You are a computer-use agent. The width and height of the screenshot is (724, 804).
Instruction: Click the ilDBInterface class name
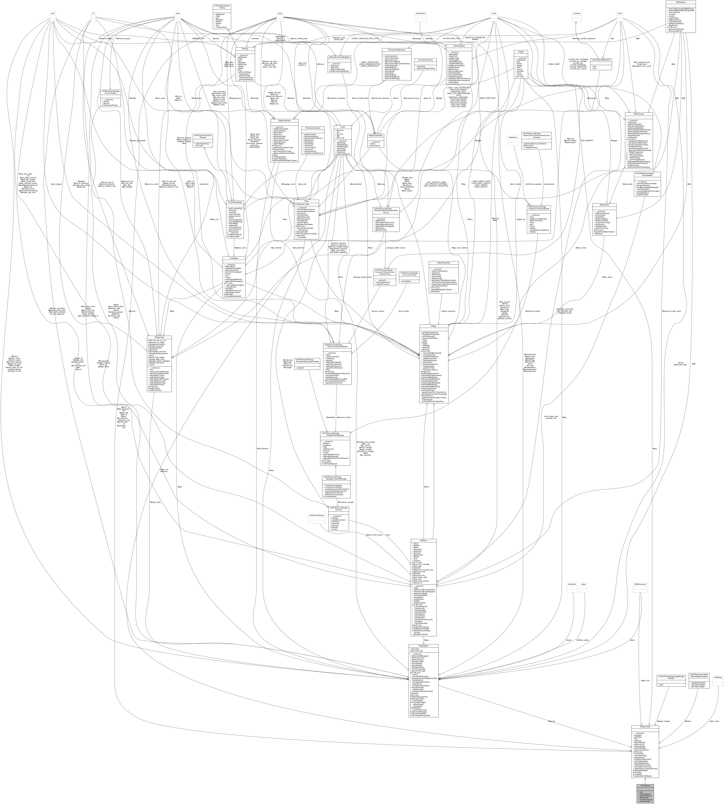click(681, 2)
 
